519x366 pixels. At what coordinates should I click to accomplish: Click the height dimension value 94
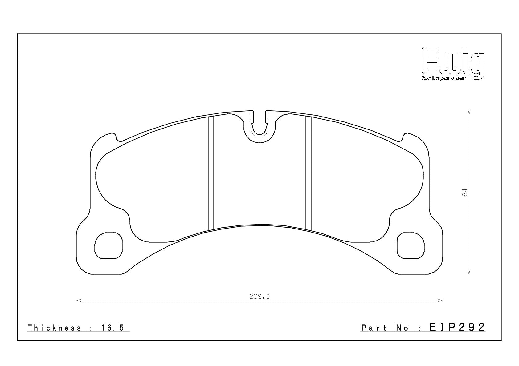coord(465,193)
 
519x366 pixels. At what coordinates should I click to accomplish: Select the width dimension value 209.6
coord(259,296)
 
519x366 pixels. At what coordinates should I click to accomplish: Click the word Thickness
coord(54,328)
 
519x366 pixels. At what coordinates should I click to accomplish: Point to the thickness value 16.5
coord(113,328)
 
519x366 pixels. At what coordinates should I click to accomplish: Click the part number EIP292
coord(457,327)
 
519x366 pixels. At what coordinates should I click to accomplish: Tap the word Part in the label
coord(374,328)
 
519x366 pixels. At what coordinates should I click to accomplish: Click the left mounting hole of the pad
coord(108,245)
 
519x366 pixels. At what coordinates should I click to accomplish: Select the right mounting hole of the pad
coord(411,245)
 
